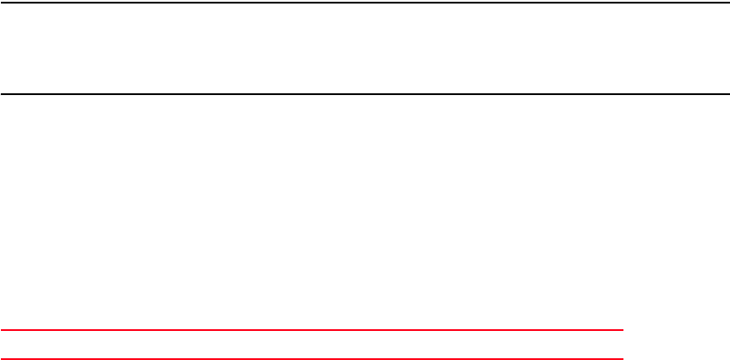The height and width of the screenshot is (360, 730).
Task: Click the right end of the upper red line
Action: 622,330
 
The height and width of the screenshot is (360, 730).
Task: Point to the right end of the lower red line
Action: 622,358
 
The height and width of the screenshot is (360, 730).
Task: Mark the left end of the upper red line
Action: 2,330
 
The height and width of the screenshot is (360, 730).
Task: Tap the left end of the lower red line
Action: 2,358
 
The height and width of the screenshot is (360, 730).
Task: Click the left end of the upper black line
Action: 2,3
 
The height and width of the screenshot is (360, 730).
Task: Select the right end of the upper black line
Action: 727,3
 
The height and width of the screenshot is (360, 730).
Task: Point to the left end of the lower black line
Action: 2,93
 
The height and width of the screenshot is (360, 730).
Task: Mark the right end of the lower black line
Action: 727,93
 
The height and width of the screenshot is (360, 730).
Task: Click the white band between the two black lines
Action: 365,48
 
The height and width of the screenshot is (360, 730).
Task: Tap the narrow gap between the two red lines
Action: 312,344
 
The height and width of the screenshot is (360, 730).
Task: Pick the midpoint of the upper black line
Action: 365,3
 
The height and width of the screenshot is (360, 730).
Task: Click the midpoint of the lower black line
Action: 365,93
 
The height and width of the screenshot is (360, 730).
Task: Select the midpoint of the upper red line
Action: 312,330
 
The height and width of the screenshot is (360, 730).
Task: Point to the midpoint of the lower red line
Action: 312,358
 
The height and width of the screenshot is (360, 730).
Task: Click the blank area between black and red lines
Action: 365,211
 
